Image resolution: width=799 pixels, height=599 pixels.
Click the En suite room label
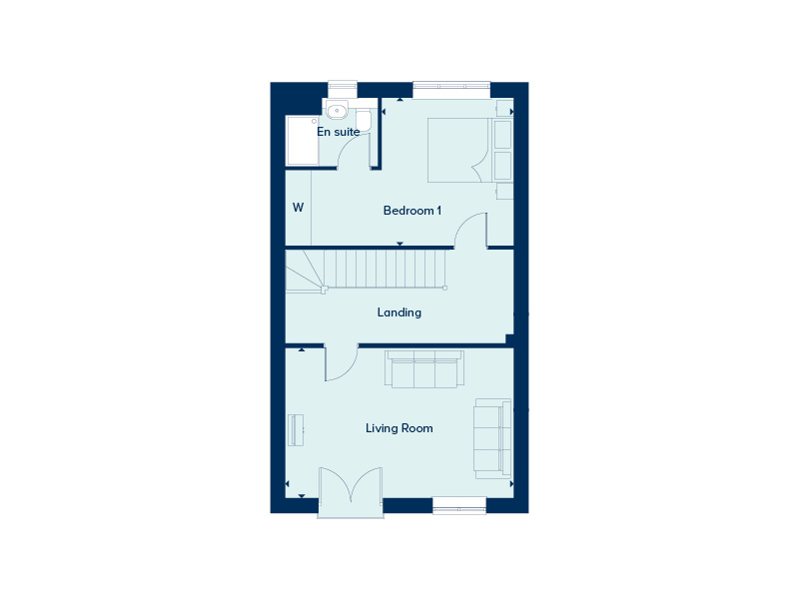339,132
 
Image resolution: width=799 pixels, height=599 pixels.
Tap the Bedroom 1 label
412,211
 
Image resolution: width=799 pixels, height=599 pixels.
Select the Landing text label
399,312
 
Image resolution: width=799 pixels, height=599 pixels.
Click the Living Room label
399,428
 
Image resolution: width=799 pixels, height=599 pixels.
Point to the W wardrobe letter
298,208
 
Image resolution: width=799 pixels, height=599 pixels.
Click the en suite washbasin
337,110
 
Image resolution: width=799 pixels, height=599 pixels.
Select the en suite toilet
364,121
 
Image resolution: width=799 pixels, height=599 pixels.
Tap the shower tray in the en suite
303,141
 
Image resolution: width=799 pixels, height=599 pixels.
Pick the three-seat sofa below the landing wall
423,368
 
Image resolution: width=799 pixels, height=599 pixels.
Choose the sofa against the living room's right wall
492,439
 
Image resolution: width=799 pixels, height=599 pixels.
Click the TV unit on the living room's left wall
296,430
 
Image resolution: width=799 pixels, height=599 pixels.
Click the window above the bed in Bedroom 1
451,91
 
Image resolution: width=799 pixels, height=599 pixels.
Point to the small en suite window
343,90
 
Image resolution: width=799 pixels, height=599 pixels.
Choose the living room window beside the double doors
459,505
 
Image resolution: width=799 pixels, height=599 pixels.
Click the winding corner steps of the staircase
305,271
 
